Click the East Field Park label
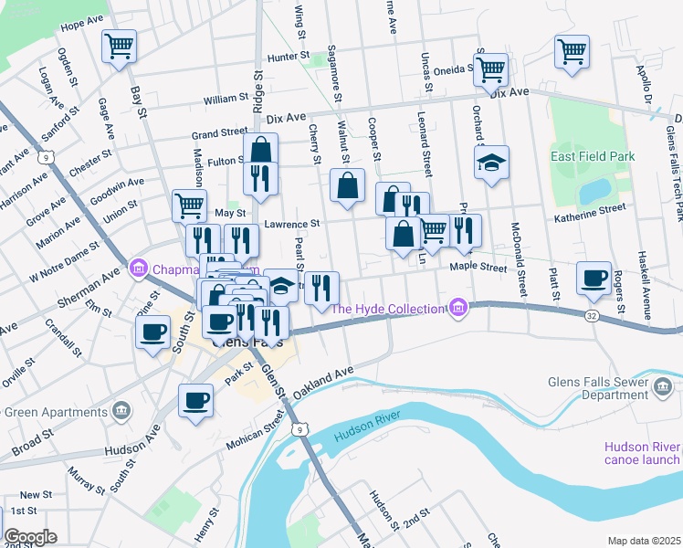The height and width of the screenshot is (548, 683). (593, 157)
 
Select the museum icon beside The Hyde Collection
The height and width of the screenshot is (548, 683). (457, 309)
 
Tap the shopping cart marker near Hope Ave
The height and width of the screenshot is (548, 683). (119, 47)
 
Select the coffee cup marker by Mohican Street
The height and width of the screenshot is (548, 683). (196, 401)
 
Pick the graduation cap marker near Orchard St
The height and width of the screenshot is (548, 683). (491, 163)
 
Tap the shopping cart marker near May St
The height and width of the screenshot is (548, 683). (189, 206)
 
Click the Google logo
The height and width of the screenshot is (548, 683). (30, 536)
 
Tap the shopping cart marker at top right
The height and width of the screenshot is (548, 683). (572, 51)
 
